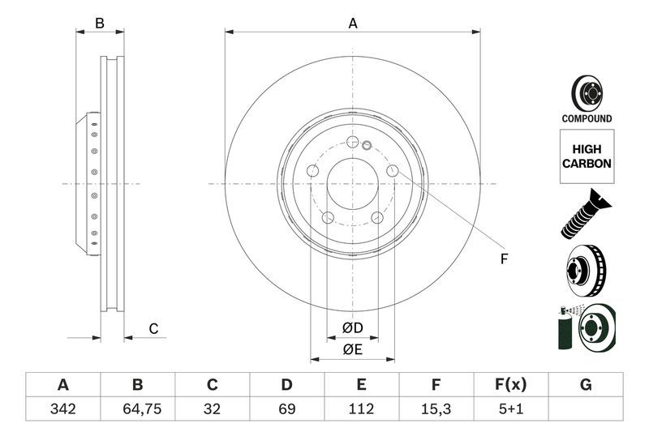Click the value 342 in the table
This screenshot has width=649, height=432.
62,409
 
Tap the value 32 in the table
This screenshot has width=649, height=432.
213,409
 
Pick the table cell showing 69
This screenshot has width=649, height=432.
286,409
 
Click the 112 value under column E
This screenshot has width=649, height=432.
362,409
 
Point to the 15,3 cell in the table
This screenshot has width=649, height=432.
436,409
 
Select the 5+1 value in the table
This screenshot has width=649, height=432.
511,409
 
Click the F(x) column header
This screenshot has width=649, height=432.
511,385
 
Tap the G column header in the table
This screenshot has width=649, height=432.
586,385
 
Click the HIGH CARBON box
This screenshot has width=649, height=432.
587,156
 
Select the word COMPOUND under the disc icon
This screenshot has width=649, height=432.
587,118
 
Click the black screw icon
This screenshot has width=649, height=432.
586,213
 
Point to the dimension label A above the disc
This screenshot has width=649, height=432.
353,24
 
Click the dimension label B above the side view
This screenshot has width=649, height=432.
100,24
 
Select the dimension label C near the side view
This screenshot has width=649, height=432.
153,328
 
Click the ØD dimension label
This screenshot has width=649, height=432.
351,327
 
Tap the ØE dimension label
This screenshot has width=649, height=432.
351,349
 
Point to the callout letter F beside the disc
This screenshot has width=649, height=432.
503,259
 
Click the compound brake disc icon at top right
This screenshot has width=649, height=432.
587,92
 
